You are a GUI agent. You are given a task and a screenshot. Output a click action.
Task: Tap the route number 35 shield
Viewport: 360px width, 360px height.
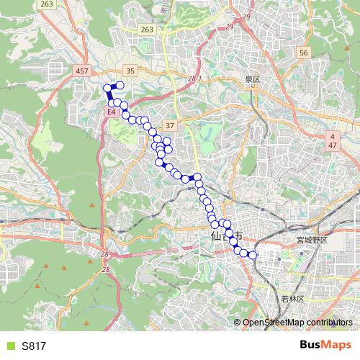[x=130, y=70]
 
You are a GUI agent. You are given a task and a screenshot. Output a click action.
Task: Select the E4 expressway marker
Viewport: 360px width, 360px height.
[x=111, y=113]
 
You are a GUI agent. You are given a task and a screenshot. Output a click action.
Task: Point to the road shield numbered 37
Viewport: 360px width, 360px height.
[x=170, y=125]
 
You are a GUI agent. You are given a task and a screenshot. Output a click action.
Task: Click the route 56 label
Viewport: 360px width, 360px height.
[x=304, y=53]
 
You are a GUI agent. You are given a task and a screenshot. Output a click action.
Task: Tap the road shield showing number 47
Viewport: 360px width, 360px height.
[x=333, y=145]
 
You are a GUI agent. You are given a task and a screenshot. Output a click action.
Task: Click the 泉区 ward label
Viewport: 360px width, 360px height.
[x=251, y=78]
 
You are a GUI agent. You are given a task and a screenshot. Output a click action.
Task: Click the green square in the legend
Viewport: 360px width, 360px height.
[x=9, y=346]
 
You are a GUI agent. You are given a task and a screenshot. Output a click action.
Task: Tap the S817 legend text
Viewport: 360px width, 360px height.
[x=34, y=346]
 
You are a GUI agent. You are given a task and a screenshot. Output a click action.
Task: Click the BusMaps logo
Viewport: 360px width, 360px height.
[x=325, y=346]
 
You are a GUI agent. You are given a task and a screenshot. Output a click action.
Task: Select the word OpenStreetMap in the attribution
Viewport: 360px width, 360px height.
[x=274, y=322]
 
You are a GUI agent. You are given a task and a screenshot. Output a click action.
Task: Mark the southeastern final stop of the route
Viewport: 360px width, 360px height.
[x=252, y=254]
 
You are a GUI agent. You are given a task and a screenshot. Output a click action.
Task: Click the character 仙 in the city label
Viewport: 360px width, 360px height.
[x=216, y=235]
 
